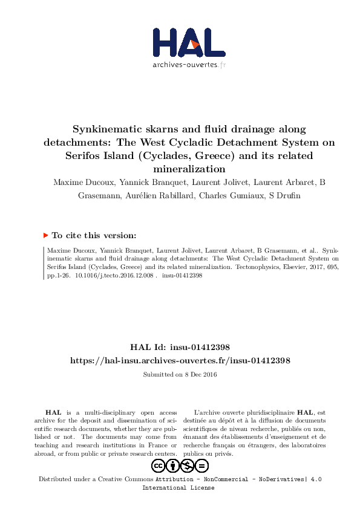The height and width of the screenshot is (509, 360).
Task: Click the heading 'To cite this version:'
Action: [x=94, y=235]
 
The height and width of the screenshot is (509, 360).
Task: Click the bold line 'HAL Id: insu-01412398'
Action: [x=180, y=347]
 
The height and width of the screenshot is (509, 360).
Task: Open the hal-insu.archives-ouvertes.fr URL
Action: [x=180, y=360]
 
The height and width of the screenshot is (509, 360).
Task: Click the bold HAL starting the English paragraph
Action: [x=53, y=411]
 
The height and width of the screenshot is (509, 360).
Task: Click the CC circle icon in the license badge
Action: [x=159, y=465]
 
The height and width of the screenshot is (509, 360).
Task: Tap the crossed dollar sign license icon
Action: [x=188, y=465]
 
